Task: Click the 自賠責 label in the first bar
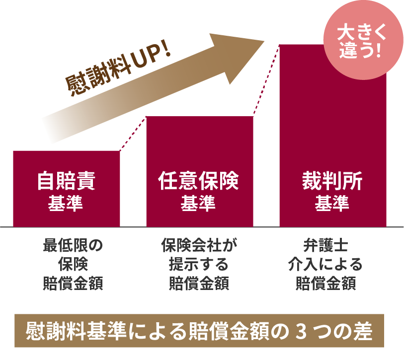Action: point(66,181)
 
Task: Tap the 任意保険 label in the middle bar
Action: point(199,181)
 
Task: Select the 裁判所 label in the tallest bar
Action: point(332,181)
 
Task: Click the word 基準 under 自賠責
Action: point(66,203)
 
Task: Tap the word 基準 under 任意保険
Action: point(199,203)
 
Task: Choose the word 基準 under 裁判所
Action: point(332,203)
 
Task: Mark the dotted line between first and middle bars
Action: point(133,133)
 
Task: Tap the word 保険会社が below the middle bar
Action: point(199,246)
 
